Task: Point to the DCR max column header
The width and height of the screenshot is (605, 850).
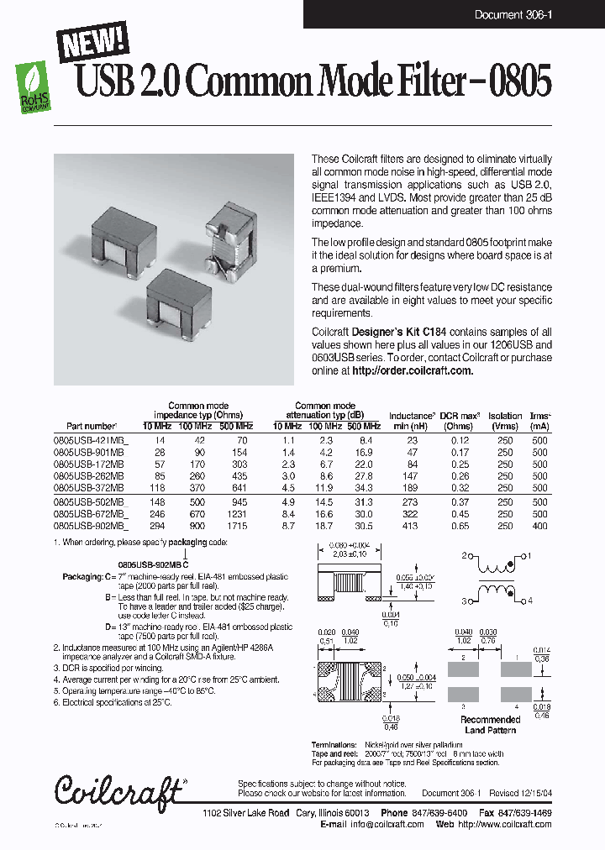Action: click(460, 416)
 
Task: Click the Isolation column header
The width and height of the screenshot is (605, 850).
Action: click(504, 416)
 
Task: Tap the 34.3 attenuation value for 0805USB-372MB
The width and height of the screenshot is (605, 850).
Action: click(365, 488)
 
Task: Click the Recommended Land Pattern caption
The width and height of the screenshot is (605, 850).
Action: click(490, 725)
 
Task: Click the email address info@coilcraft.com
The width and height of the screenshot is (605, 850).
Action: click(387, 824)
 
